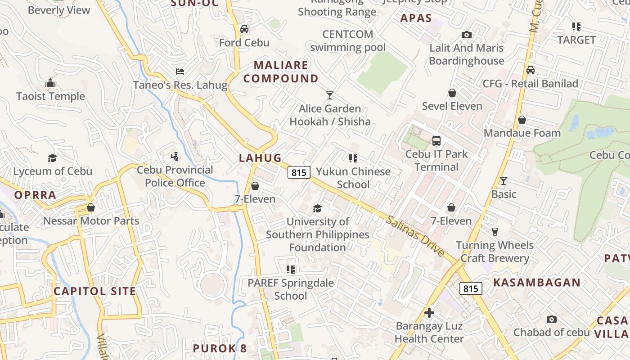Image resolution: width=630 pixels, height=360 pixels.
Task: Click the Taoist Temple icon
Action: click(50, 83)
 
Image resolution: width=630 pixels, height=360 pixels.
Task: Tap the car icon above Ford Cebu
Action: click(244, 30)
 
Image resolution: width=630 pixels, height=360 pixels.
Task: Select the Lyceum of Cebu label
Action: click(53, 171)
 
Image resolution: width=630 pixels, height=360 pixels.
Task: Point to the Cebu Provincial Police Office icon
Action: click(175, 157)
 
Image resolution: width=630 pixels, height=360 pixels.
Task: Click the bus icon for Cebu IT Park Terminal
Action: click(436, 141)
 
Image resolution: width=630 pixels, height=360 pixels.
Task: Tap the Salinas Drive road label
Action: click(415, 236)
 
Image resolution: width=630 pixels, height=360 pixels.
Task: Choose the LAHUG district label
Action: click(260, 158)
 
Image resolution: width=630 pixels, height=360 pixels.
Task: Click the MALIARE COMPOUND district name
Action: click(281, 72)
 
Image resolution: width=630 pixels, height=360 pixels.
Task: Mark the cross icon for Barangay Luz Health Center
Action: click(429, 312)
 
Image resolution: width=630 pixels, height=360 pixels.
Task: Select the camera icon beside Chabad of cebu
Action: click(552, 319)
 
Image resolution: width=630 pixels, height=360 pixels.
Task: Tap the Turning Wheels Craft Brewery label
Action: click(495, 252)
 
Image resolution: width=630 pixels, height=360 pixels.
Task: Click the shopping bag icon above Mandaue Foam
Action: click(522, 120)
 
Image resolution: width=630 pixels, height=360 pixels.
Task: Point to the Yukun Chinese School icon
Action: click(353, 158)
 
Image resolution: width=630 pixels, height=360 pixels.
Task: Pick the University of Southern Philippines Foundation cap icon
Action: click(318, 208)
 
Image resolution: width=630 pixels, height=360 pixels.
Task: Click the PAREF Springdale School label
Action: click(291, 289)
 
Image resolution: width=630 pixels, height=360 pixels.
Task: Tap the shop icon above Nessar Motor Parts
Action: click(91, 207)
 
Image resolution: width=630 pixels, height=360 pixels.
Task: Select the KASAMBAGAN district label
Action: click(537, 283)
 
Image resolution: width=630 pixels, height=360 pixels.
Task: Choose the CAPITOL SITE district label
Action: click(95, 291)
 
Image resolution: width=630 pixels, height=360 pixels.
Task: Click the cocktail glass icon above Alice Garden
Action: click(330, 95)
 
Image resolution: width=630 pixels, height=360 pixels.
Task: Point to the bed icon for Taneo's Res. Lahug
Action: click(180, 72)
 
